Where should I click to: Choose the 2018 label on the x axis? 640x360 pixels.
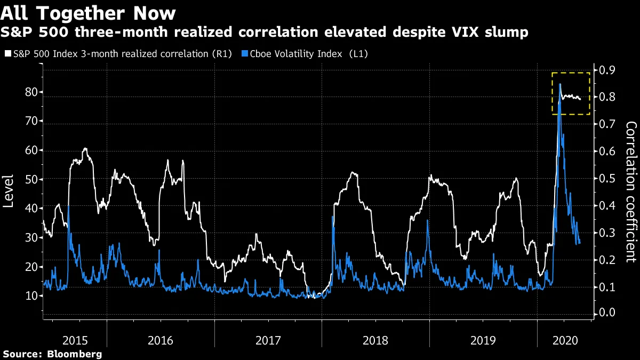click(375, 340)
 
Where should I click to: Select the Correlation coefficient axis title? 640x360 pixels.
click(631, 192)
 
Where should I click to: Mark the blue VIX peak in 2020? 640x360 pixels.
click(560, 84)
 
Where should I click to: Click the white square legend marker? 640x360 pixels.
click(6, 53)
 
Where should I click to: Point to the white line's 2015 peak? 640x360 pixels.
click(85, 149)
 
